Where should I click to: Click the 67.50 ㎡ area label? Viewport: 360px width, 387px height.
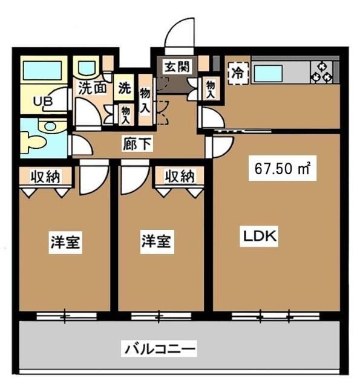point(282,169)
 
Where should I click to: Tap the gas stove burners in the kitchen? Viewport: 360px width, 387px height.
point(321,72)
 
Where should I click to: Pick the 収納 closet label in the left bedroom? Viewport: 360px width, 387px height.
point(46,177)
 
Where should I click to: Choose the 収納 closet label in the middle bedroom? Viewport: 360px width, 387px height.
point(180,177)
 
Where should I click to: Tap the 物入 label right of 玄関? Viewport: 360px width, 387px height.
point(210,89)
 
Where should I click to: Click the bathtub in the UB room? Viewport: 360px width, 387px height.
point(43,72)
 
